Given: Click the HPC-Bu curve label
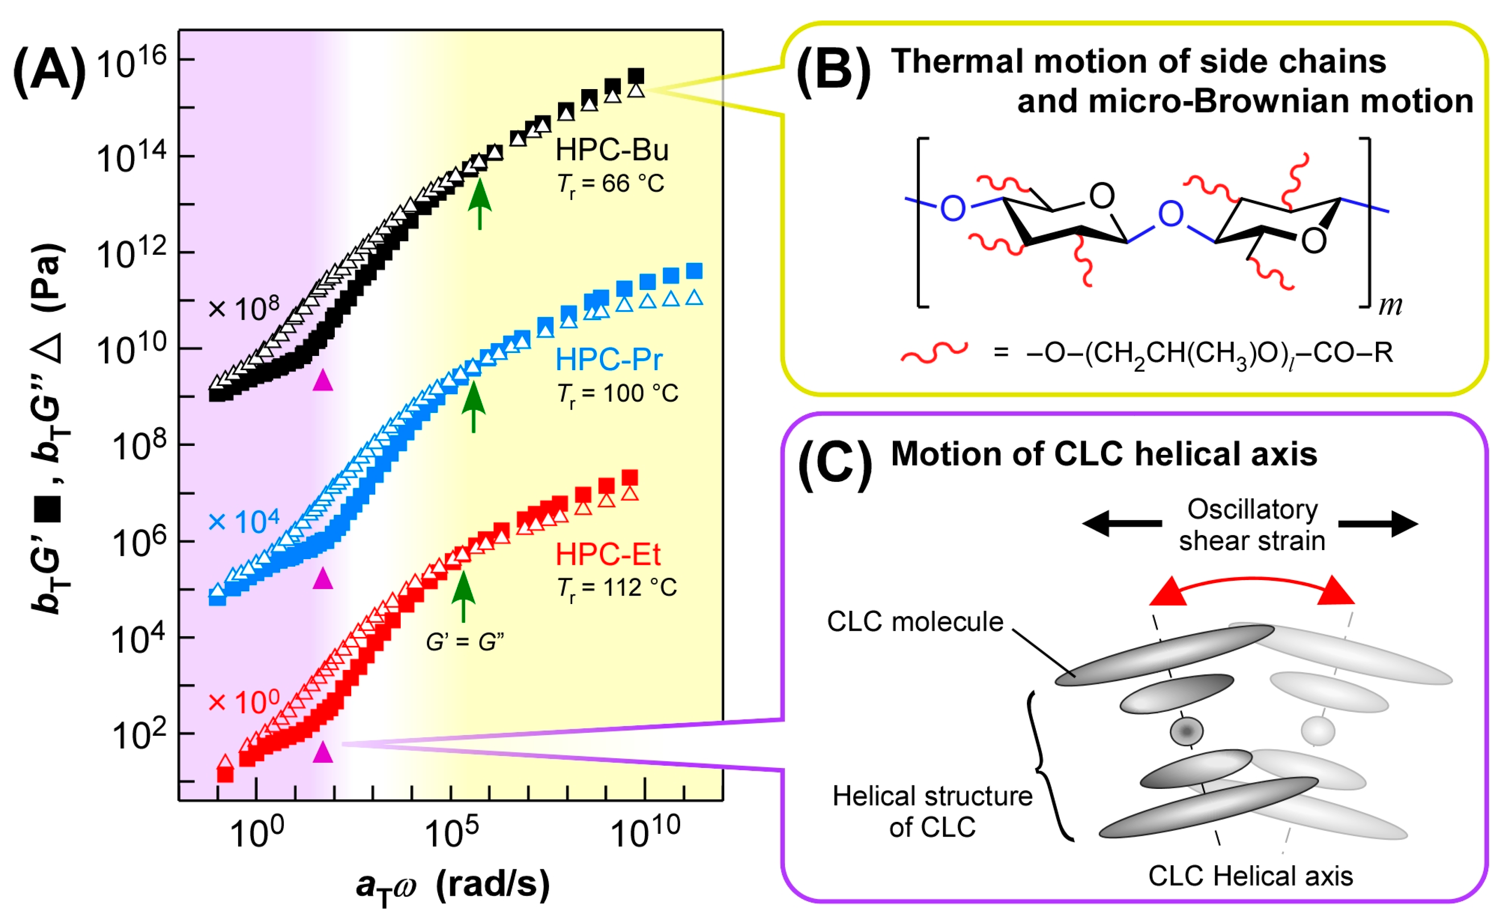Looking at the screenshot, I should (612, 150).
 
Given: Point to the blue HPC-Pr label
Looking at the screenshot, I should (608, 360).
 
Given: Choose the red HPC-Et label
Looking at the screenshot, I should (608, 555).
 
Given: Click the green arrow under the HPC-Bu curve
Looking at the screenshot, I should (480, 202).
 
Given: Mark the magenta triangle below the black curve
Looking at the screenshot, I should (323, 381).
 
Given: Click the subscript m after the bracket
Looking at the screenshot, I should (1390, 305).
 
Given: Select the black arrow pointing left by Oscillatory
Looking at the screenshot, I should (1121, 524).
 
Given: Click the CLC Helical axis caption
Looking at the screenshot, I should (1250, 876).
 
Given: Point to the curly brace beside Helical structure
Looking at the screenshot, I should (1050, 766).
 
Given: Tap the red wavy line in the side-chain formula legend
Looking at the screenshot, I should (934, 352).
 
